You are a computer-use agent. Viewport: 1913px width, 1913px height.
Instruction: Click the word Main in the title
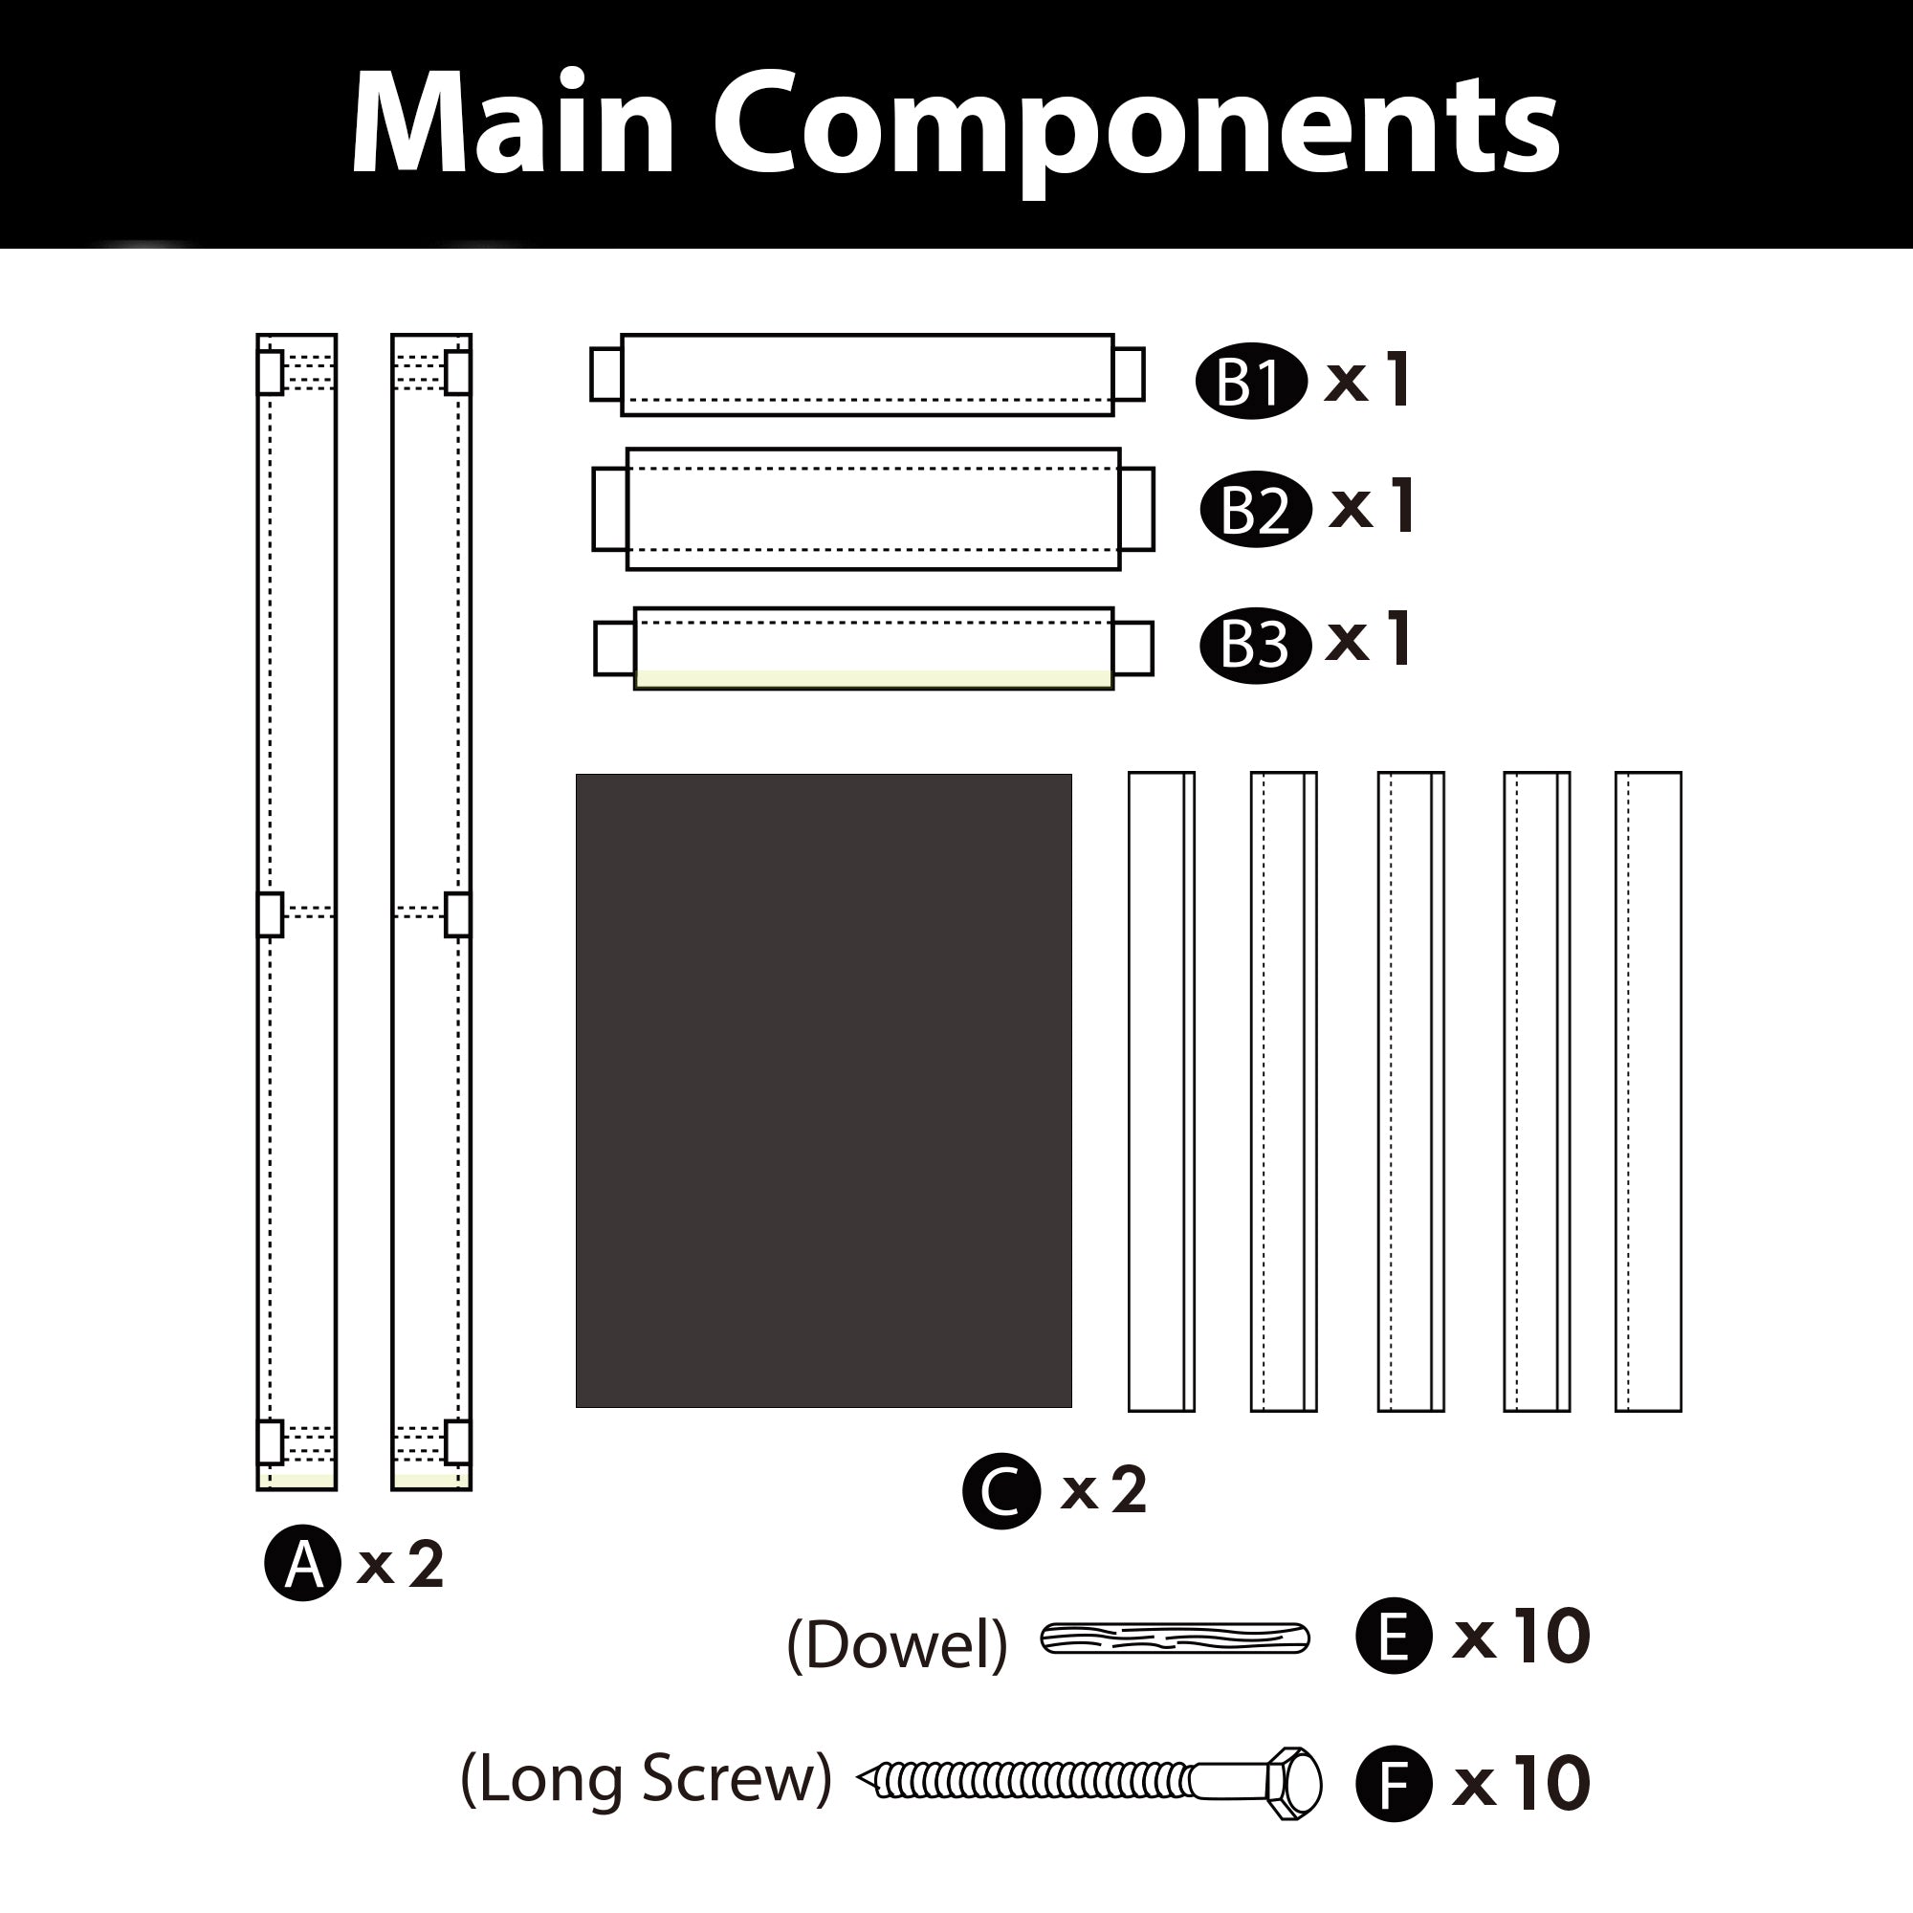click(513, 124)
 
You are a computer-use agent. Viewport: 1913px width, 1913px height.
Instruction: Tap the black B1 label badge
click(1251, 382)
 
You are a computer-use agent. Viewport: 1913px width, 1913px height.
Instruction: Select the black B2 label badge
click(1256, 510)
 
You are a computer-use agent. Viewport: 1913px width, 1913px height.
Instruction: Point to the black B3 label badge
click(1256, 645)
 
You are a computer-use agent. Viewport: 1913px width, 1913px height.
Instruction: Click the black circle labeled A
click(303, 1564)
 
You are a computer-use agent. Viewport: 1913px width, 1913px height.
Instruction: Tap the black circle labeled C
click(1001, 1491)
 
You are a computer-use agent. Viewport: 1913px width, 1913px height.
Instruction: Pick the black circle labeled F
click(1394, 1783)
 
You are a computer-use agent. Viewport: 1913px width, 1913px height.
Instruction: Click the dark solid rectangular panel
click(823, 1090)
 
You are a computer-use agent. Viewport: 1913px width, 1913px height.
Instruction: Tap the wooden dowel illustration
click(1175, 1638)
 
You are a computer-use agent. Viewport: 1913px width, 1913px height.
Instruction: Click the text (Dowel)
click(897, 1644)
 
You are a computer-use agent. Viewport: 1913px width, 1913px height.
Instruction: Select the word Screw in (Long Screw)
click(737, 1779)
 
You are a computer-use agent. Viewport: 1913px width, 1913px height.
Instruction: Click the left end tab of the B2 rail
click(609, 509)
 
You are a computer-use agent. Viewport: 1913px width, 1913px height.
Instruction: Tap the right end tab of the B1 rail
click(1129, 374)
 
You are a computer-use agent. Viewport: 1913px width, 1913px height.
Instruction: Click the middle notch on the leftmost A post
click(271, 913)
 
